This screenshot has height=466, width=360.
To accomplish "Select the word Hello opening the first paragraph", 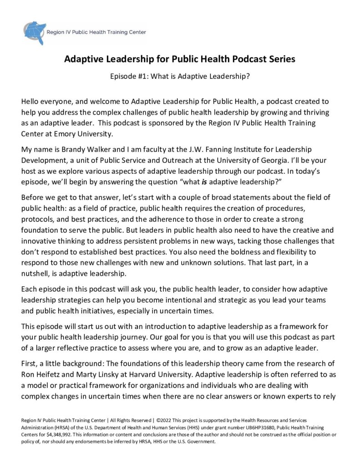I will coord(31,102).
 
